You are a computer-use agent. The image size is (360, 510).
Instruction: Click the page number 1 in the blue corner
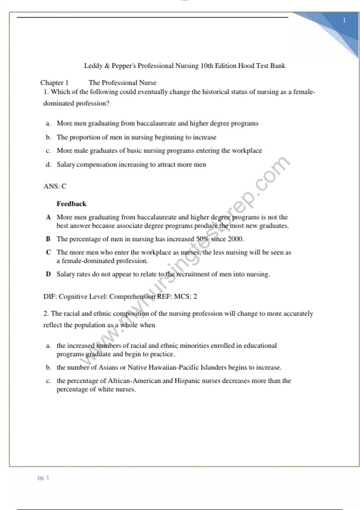[344, 20]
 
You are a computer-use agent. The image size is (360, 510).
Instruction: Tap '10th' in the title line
[206, 66]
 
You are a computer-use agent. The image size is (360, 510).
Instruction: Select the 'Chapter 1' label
[54, 83]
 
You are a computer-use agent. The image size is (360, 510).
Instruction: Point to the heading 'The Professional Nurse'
[122, 83]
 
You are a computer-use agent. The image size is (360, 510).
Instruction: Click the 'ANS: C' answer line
[55, 186]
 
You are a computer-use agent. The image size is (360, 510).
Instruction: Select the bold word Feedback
[71, 204]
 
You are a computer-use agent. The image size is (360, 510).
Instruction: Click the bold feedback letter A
[48, 217]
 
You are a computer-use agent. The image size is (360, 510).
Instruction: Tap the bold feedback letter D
[48, 274]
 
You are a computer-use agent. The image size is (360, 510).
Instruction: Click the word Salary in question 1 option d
[66, 165]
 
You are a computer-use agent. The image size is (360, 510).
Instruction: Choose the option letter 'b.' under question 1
[48, 137]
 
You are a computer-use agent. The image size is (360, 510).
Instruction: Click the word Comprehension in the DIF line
[132, 297]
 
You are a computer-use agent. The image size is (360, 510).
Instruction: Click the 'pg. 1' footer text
[43, 477]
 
